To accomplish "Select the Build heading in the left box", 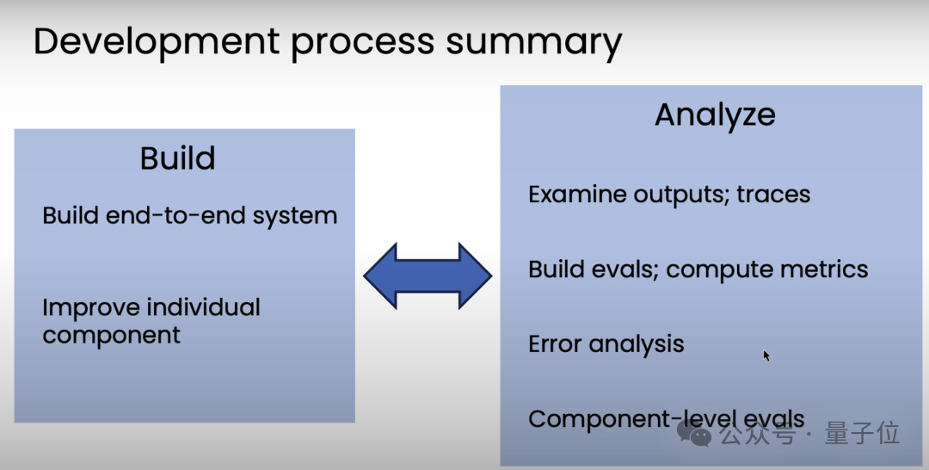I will (177, 158).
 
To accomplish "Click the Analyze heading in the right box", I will (715, 115).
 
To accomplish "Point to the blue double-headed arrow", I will (428, 275).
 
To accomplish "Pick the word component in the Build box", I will (111, 336).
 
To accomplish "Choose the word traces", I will (772, 195).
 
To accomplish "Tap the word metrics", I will (826, 269).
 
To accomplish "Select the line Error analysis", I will (606, 344).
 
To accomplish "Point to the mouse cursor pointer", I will (766, 354).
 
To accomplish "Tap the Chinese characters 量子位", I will (862, 433).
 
